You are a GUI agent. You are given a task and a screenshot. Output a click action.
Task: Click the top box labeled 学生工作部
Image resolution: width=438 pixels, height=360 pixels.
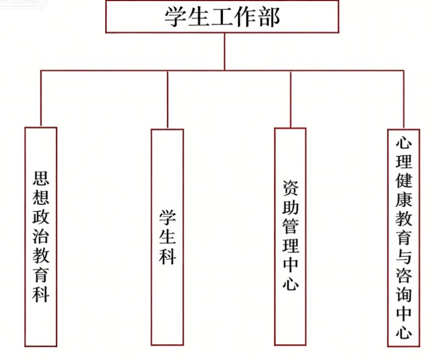222,17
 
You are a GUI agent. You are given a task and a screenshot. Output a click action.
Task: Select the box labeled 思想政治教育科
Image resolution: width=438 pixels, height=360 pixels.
41,236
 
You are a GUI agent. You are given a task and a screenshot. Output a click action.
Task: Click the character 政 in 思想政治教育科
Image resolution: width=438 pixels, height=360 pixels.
41,218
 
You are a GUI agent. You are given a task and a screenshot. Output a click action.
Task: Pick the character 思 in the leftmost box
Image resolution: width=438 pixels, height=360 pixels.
41,178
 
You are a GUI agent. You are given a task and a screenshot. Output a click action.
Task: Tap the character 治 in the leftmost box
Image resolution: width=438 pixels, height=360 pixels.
41,238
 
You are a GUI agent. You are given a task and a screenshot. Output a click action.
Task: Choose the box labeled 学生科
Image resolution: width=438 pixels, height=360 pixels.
167,236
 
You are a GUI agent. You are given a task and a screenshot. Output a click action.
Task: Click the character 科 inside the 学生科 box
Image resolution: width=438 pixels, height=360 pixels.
167,257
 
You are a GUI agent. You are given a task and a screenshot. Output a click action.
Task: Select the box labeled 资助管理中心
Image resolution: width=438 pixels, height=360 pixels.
290,236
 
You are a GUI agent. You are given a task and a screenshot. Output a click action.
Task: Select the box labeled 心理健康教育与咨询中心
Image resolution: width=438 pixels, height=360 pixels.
404,237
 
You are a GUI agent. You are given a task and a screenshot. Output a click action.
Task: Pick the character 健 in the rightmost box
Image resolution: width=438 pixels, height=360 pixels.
404,181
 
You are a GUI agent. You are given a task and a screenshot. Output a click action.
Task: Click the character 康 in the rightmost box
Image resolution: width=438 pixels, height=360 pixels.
404,200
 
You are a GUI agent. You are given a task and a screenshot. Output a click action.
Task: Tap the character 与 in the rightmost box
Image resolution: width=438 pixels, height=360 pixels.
404,257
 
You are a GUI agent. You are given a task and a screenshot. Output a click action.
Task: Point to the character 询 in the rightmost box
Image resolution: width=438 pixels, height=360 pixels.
404,294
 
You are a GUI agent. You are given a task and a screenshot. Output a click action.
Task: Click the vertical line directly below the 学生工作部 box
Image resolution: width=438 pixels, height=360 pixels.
224,51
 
